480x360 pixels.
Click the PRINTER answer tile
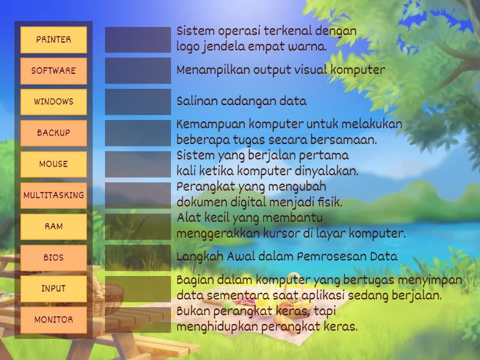coord(53,40)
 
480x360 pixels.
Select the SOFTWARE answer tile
coord(53,71)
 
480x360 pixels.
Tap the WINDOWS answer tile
coord(53,102)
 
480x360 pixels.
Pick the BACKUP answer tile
coord(53,133)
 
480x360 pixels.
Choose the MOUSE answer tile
coord(53,164)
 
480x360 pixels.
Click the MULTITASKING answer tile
coord(53,196)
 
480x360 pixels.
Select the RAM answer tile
coord(53,227)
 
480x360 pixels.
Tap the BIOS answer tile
coord(53,258)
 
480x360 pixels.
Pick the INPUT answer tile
coord(53,289)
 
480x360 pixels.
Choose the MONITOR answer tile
coord(53,320)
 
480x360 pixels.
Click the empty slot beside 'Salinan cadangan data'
coord(138,102)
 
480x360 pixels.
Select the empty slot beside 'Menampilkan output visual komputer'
coord(138,71)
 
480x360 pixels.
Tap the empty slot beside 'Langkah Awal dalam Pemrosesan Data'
coord(138,258)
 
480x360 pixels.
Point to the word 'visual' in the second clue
coord(310,70)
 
